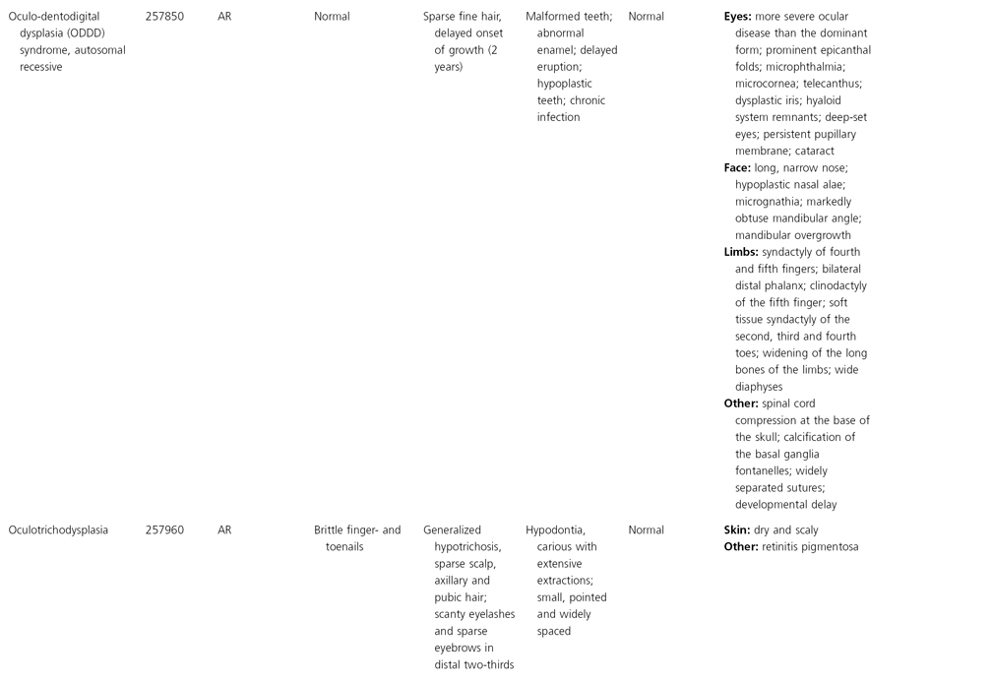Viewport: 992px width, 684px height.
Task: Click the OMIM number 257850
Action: [x=163, y=17]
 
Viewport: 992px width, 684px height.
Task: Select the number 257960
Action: [x=163, y=530]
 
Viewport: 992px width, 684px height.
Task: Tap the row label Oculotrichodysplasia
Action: [x=59, y=530]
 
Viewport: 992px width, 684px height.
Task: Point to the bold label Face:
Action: [x=737, y=168]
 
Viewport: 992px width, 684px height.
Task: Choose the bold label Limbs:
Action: [x=741, y=252]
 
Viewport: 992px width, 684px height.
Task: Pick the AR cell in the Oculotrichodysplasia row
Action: [x=224, y=530]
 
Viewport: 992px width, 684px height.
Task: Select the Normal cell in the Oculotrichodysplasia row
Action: [x=646, y=530]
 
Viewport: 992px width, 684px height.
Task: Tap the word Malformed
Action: [x=554, y=17]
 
